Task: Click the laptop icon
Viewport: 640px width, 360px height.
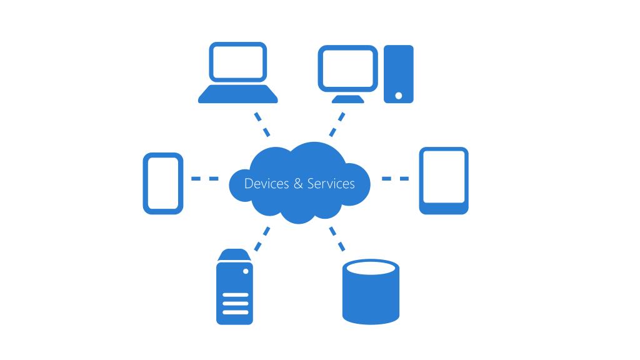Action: (x=237, y=72)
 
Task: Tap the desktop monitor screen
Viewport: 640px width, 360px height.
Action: (x=348, y=68)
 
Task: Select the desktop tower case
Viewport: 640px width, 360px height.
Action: (x=398, y=74)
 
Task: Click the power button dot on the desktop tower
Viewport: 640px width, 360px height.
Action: (x=399, y=96)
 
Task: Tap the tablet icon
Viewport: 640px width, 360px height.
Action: (x=443, y=181)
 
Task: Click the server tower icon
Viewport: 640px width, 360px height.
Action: (x=235, y=287)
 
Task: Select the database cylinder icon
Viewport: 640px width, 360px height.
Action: (x=371, y=292)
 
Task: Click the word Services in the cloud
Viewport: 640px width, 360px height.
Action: (x=331, y=184)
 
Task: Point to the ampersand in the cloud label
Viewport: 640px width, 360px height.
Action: (x=298, y=184)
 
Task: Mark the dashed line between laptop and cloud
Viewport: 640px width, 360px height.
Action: (x=262, y=124)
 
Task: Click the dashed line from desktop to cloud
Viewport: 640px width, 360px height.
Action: (x=337, y=124)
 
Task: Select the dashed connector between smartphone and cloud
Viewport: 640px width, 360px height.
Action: (x=205, y=179)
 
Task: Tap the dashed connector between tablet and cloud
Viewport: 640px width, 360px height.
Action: (x=395, y=179)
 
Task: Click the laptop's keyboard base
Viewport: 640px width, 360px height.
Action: (x=237, y=95)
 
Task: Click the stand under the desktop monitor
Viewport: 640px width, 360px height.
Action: (x=348, y=98)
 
